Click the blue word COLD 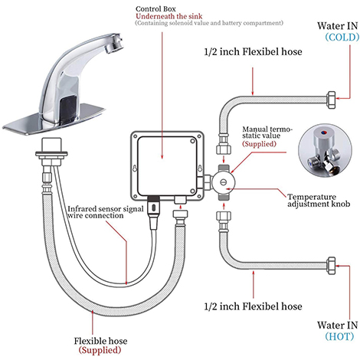point(342,38)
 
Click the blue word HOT point(339,336)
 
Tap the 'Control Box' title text point(155,9)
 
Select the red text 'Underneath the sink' point(169,16)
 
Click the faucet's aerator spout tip point(114,43)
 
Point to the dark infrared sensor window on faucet point(68,106)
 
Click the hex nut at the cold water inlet point(331,100)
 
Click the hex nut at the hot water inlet point(331,266)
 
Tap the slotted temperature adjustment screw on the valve point(224,182)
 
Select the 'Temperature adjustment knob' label point(319,201)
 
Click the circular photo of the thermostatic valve point(325,151)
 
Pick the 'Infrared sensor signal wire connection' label point(106,212)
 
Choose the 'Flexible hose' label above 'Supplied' point(100,341)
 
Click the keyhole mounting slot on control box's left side point(135,168)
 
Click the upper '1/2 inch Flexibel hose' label point(253,52)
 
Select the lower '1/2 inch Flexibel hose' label point(253,306)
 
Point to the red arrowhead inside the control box point(162,156)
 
